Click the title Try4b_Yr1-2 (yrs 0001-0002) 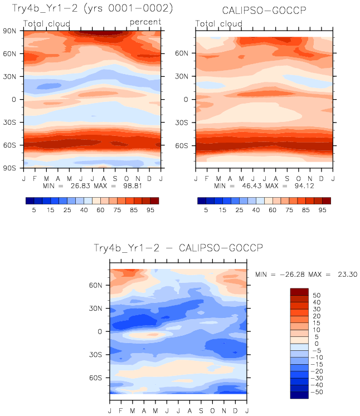point(93,9)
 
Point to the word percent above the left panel point(145,22)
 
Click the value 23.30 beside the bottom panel point(346,275)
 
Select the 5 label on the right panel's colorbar point(206,211)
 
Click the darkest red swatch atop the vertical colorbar point(299,291)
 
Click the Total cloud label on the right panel point(219,24)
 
